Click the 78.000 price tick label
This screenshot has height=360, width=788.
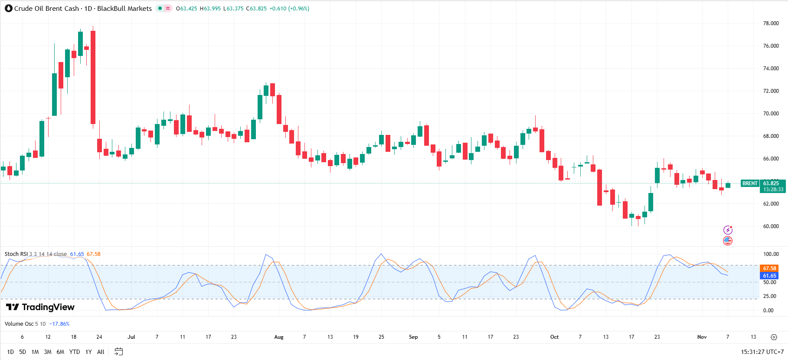point(771,23)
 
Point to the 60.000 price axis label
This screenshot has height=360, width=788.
point(771,226)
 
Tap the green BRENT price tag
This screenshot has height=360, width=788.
point(750,183)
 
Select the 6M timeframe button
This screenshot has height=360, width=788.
point(60,352)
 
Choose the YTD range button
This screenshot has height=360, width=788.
point(75,352)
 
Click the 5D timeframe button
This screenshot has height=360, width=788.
point(23,352)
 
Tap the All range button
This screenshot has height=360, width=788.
point(101,352)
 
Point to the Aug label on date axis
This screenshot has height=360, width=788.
point(279,337)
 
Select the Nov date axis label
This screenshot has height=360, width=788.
point(702,337)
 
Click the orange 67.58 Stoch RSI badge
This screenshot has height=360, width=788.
point(769,268)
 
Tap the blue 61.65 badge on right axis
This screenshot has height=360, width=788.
point(769,276)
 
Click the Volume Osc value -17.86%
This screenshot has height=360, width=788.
point(59,324)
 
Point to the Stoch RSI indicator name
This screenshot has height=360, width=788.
point(16,254)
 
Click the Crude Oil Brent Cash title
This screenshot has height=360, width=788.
point(46,9)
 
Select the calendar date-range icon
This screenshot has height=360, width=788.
point(118,352)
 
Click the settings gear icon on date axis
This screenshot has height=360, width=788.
point(774,337)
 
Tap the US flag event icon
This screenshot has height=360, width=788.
point(728,240)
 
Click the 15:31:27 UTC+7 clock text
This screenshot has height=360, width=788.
point(762,352)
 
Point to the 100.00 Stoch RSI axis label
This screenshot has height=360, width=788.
point(771,254)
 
